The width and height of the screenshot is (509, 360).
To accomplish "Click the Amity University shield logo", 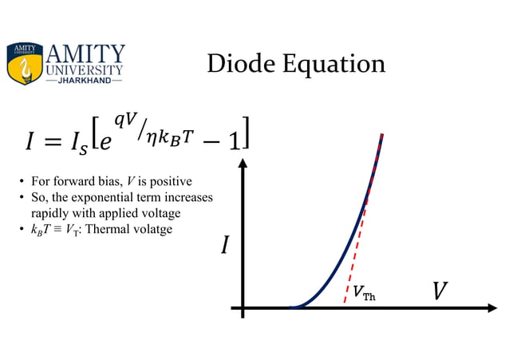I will (25, 64).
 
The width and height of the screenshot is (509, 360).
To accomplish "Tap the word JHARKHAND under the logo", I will (86, 81).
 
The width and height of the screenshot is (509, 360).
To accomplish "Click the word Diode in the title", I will (238, 64).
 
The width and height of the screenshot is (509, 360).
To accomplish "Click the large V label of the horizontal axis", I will (439, 291).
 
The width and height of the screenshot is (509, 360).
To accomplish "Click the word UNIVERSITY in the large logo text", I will (86, 69).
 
